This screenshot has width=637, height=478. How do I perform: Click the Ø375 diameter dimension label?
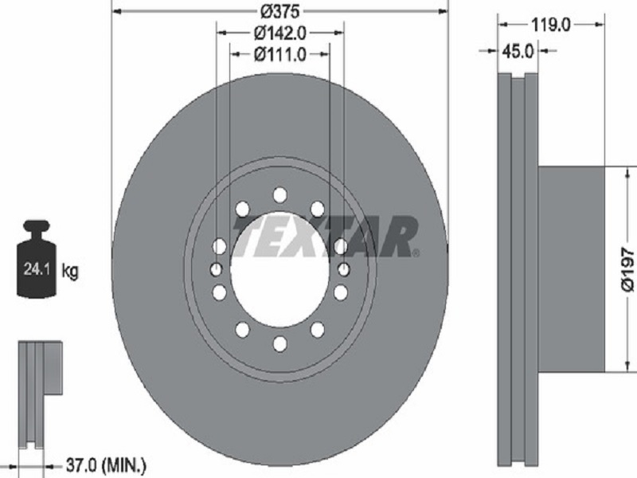click(280, 11)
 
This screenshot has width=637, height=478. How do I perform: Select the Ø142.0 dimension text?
click(280, 33)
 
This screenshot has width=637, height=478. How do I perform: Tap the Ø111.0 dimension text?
click(280, 54)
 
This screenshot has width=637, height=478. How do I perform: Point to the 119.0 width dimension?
click(551, 25)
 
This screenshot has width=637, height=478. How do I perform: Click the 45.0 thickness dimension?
click(518, 51)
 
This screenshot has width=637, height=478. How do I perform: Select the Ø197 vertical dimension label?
click(627, 270)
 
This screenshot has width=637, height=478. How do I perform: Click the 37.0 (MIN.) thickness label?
click(105, 464)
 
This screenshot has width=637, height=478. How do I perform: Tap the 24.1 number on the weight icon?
click(37, 268)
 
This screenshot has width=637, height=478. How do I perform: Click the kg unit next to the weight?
click(70, 270)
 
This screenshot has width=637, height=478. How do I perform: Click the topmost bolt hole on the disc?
click(280, 194)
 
